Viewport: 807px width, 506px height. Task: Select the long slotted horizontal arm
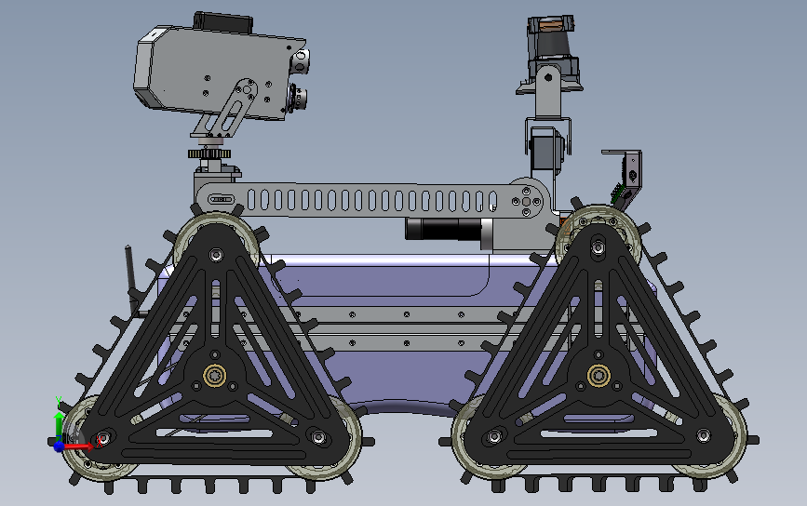point(372,199)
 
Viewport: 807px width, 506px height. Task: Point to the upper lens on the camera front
point(302,63)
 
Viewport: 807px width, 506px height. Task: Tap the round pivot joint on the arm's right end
point(529,198)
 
